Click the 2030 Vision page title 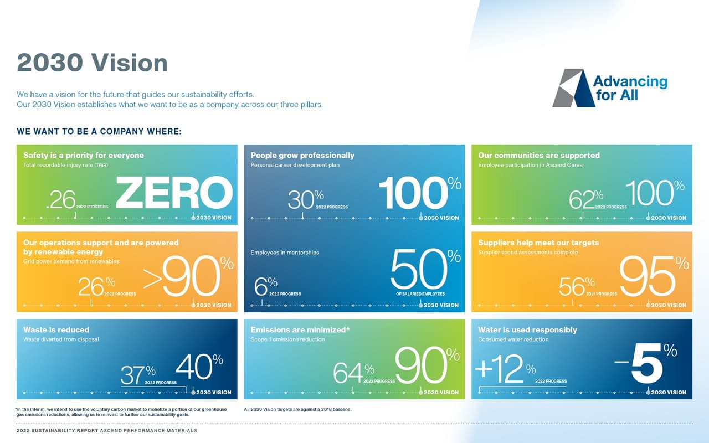pyautogui.click(x=92, y=63)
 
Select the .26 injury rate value pyautogui.click(x=61, y=200)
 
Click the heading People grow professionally pyautogui.click(x=302, y=155)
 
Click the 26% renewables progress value pyautogui.click(x=96, y=286)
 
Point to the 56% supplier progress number pyautogui.click(x=576, y=286)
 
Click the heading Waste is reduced pyautogui.click(x=56, y=329)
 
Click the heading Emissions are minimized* pyautogui.click(x=300, y=329)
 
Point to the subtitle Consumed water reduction pyautogui.click(x=513, y=339)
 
